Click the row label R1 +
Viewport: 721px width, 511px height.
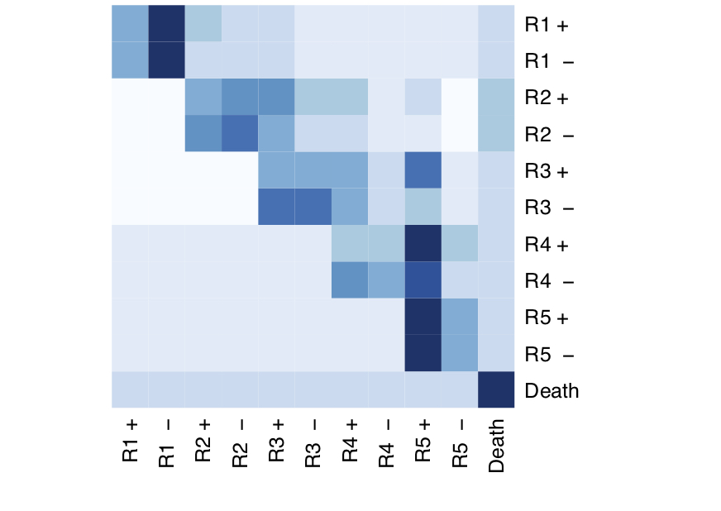coord(547,25)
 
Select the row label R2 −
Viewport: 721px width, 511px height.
coord(547,134)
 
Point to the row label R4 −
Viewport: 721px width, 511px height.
coord(547,280)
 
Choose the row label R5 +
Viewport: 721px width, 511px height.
coord(547,318)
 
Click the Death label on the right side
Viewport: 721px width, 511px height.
coord(551,390)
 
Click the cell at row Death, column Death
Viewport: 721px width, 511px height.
coord(496,390)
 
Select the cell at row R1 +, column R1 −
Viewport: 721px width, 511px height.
coord(167,24)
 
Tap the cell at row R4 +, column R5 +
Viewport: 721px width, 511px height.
coord(423,244)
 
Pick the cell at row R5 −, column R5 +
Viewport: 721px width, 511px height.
coord(423,353)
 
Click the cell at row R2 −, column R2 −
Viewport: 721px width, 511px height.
coord(240,134)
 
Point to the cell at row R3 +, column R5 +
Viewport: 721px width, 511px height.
coord(423,170)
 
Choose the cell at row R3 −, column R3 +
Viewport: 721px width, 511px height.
coord(277,208)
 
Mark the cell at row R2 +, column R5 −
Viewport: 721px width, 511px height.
coord(460,98)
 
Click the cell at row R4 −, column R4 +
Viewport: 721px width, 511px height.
coord(350,280)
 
